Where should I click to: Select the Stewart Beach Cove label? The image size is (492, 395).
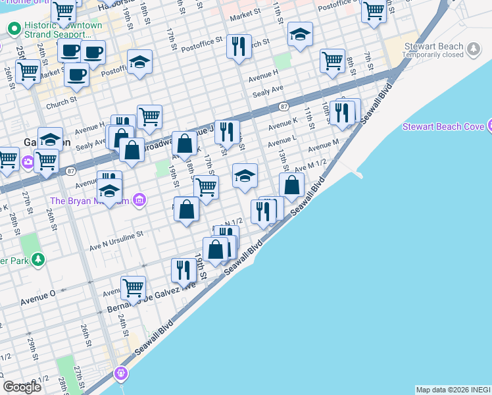pyautogui.click(x=443, y=126)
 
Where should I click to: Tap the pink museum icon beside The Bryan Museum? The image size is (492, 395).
pyautogui.click(x=139, y=200)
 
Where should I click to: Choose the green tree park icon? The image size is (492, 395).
pyautogui.click(x=39, y=259)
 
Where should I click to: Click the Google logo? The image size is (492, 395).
pyautogui.click(x=22, y=386)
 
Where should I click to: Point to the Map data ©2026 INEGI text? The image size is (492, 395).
pyautogui.click(x=453, y=390)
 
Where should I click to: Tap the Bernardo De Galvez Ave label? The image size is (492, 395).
pyautogui.click(x=151, y=298)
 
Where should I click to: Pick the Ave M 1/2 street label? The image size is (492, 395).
pyautogui.click(x=310, y=169)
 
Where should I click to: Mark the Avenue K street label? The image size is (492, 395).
pyautogui.click(x=283, y=123)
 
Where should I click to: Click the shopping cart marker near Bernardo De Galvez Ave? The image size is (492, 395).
pyautogui.click(x=133, y=288)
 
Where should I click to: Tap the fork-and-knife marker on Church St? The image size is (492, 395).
pyautogui.click(x=238, y=46)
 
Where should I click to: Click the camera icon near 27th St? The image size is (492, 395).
pyautogui.click(x=28, y=162)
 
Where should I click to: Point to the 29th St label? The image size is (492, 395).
pyautogui.click(x=32, y=346)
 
